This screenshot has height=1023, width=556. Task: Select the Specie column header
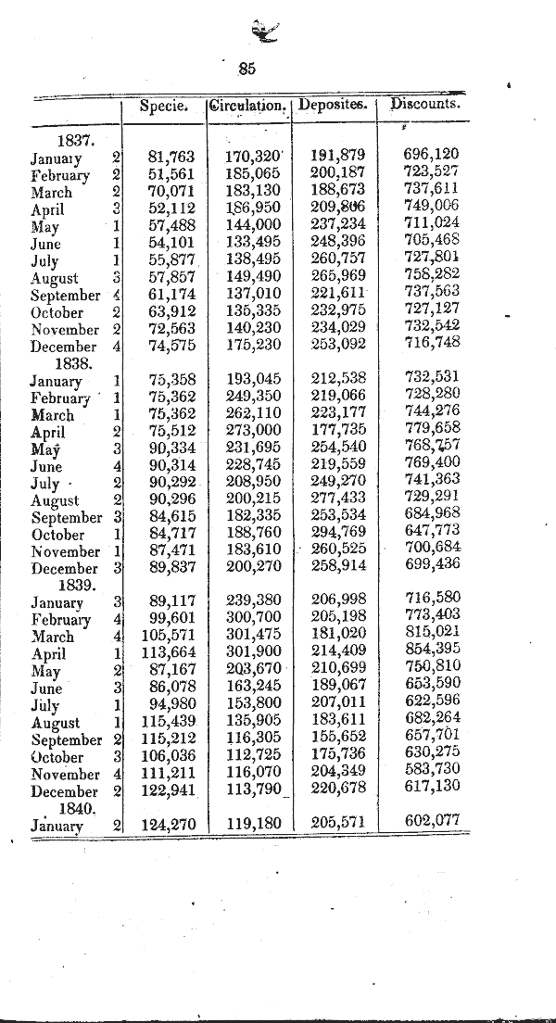(164, 106)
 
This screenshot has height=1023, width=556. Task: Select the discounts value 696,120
(432, 154)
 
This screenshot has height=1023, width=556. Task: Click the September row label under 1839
(66, 740)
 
